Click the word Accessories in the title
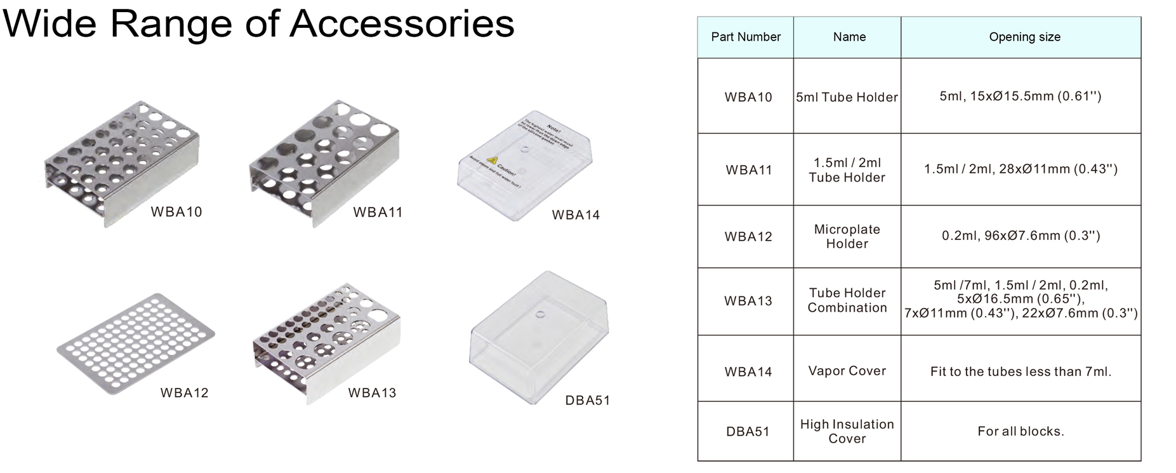402,24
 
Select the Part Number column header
746,37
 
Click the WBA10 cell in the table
748,97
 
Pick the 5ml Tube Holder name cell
847,97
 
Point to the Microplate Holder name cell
847,236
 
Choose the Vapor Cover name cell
847,371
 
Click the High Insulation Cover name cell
847,431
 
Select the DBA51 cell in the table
748,432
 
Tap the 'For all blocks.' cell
1021,432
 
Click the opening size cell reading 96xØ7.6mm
1021,236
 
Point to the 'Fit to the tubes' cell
1021,371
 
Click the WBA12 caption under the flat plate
184,393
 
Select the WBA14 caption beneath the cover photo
576,215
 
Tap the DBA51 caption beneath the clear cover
587,401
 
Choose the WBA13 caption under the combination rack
372,393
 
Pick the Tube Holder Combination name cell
847,300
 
